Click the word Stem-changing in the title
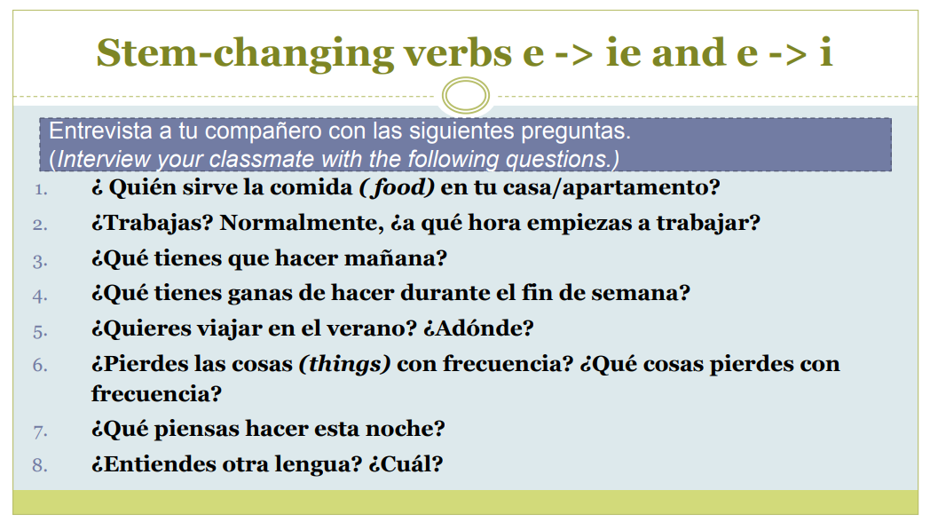(x=245, y=53)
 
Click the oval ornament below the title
(x=466, y=96)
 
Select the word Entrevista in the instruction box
(x=100, y=131)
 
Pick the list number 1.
(x=40, y=190)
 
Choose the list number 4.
(x=40, y=296)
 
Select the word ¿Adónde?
(x=478, y=328)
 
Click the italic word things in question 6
(x=344, y=364)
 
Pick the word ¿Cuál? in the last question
(x=406, y=464)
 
